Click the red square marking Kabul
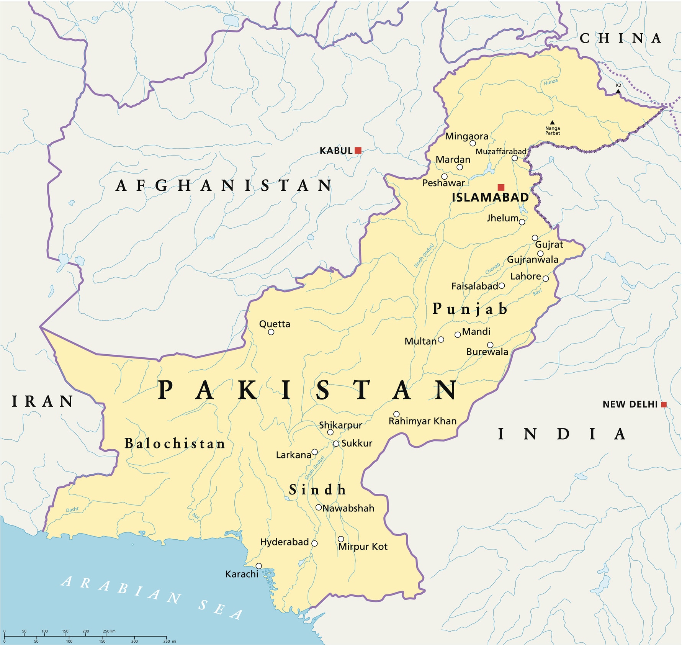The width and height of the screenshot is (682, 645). pyautogui.click(x=358, y=151)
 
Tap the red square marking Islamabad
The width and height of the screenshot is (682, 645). pyautogui.click(x=501, y=187)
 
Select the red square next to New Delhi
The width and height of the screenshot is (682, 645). pyautogui.click(x=664, y=404)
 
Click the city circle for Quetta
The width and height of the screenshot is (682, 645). pyautogui.click(x=271, y=332)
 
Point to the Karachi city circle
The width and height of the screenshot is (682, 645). pyautogui.click(x=259, y=566)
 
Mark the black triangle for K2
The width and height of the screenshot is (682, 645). pyautogui.click(x=618, y=91)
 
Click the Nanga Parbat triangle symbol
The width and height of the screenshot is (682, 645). pyautogui.click(x=552, y=123)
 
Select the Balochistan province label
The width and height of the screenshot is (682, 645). pyautogui.click(x=175, y=444)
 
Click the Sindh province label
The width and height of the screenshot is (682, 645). pyautogui.click(x=317, y=489)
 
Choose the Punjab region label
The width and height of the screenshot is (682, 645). pyautogui.click(x=470, y=309)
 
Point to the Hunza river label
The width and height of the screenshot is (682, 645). pyautogui.click(x=551, y=82)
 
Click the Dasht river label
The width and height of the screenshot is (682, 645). pyautogui.click(x=72, y=509)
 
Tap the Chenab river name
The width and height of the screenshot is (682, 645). pyautogui.click(x=493, y=268)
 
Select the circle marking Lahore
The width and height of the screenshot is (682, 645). pyautogui.click(x=546, y=278)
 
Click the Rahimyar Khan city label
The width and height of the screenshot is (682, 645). pyautogui.click(x=423, y=421)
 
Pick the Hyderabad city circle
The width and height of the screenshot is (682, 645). pyautogui.click(x=314, y=543)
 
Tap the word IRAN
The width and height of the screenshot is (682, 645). pyautogui.click(x=43, y=401)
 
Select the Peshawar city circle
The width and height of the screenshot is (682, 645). pyautogui.click(x=444, y=177)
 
